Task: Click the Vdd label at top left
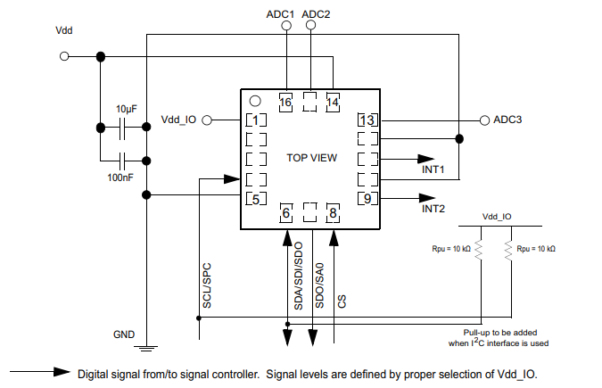64,30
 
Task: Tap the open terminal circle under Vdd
64,56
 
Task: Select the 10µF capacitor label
128,108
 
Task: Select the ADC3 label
507,120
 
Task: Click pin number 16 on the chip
285,103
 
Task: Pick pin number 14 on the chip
332,103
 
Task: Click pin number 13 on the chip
367,120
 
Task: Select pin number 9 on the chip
367,198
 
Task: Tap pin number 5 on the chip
255,198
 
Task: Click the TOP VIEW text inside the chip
311,158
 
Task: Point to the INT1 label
433,169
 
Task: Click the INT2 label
433,209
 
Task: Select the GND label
124,334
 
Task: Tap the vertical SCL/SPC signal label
206,285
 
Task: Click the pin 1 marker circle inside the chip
254,101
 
